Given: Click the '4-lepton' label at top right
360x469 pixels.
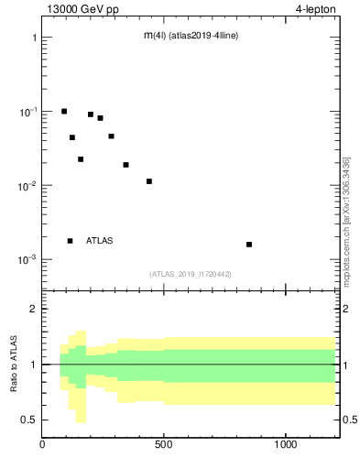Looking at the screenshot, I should point(316,9).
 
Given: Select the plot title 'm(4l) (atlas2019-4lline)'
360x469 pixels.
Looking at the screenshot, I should point(191,36).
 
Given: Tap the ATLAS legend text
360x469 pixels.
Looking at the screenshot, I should point(100,241).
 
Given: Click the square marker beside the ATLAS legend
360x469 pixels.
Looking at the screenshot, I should point(71,241).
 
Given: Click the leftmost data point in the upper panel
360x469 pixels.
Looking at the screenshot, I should point(64,111).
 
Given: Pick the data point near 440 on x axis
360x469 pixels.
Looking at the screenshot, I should point(149,181).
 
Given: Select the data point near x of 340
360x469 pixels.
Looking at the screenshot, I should point(125,165).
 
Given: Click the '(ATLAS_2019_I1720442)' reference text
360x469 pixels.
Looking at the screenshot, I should point(191,274).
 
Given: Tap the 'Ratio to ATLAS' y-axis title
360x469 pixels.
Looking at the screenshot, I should point(15,364).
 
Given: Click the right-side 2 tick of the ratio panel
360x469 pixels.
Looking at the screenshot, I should point(348,309).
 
